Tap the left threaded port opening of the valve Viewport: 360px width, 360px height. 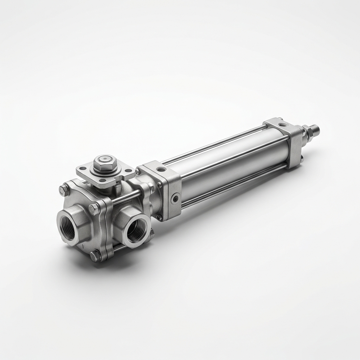[67, 228]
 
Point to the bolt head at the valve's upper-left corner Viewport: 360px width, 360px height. [64, 190]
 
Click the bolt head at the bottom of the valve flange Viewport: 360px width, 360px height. [95, 256]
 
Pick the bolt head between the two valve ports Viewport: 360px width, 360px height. [94, 210]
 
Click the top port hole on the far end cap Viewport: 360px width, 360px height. [282, 124]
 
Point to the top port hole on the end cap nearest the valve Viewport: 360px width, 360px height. [161, 169]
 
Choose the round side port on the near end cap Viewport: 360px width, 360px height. [175, 199]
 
